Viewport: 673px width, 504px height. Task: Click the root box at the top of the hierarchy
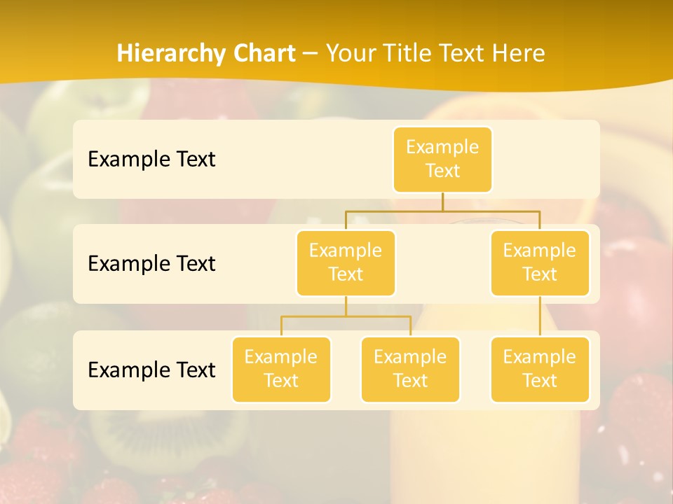(x=442, y=160)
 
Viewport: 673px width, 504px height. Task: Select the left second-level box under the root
(x=346, y=263)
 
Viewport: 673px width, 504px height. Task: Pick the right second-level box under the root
(x=540, y=263)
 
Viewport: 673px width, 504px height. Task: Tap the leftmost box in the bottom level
(x=281, y=370)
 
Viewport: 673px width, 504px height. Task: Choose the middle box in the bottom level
(x=410, y=370)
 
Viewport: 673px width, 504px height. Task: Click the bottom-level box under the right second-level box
(x=540, y=370)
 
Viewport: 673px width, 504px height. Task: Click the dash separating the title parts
(x=311, y=54)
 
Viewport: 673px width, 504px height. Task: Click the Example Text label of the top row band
(x=151, y=160)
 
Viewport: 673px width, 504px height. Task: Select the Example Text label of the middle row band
(x=151, y=264)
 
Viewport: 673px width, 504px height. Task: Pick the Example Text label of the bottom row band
(x=151, y=370)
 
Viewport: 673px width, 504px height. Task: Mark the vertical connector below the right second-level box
(x=540, y=316)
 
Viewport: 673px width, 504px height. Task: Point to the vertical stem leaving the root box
(x=442, y=202)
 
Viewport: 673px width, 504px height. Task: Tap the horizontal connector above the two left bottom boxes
(x=346, y=316)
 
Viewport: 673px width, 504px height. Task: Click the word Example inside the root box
(x=442, y=148)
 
